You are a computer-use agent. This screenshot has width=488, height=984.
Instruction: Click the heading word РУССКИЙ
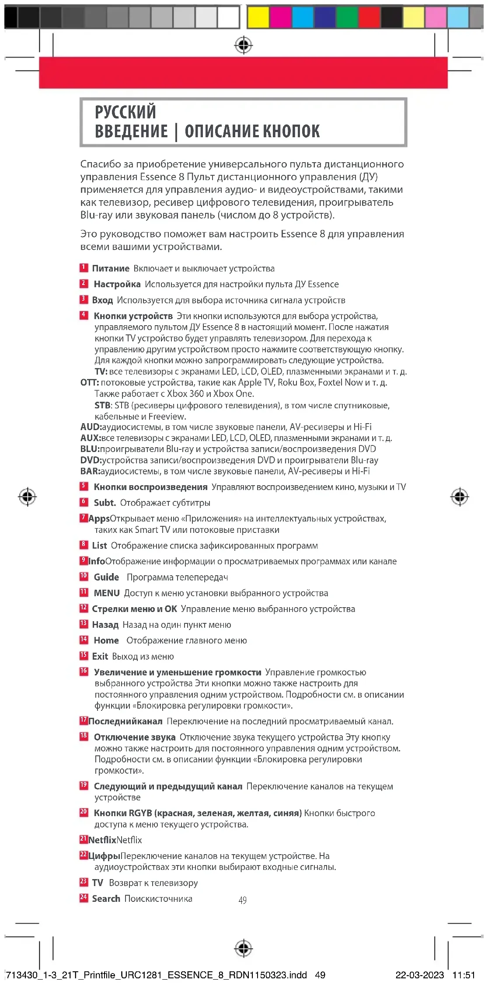coord(125,112)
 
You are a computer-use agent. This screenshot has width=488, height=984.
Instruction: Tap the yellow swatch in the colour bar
coord(258,17)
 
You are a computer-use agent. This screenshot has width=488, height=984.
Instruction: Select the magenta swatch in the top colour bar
coord(280,17)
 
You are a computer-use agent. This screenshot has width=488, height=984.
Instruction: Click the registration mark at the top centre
coord(244,45)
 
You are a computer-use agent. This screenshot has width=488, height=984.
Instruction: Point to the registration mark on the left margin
coord(28,497)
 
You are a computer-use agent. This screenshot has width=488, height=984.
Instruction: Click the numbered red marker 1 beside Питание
coord(84,268)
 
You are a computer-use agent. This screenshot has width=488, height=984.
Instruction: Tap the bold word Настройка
coord(117,284)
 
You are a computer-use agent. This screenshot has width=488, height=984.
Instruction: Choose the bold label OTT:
coord(90,382)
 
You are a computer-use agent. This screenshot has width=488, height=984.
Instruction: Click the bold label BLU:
coord(90,449)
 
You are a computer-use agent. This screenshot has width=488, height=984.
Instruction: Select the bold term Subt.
coord(105,503)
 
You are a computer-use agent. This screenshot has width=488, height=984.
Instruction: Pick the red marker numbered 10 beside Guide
coord(84,576)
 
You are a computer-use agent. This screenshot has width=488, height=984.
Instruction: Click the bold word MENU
coord(107,593)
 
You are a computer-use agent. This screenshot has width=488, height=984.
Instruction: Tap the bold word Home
coord(106,640)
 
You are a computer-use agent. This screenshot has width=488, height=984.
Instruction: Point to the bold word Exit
coord(100,656)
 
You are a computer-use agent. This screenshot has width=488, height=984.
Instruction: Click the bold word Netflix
coord(102,840)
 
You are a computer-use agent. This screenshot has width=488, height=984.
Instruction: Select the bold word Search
coord(106,898)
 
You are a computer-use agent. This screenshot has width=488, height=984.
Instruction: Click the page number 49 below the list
coord(243,900)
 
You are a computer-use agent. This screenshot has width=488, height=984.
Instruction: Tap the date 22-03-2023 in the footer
coord(419,975)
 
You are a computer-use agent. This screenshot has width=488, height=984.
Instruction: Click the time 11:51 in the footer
coord(464,975)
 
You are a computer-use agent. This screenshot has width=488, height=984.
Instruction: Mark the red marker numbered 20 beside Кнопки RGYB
coord(84,812)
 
